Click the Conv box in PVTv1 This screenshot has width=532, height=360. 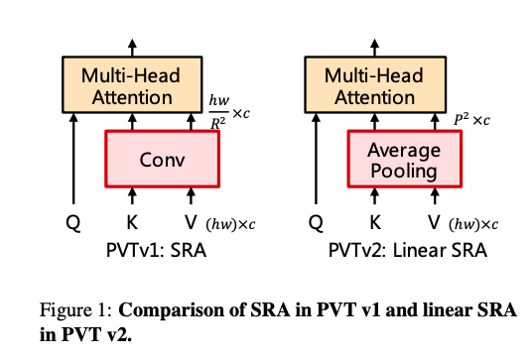point(161,159)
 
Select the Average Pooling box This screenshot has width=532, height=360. point(403,159)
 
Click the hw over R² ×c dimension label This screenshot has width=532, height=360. point(227,107)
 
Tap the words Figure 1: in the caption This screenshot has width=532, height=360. point(73,311)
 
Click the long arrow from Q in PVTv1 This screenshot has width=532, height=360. point(73,159)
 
